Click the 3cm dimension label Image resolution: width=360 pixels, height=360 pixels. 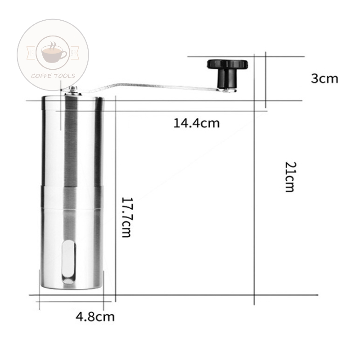[x=324, y=79]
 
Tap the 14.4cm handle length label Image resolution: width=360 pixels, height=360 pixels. [x=197, y=123]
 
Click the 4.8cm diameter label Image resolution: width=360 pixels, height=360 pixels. [x=95, y=316]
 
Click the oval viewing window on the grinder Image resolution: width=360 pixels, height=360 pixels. [x=68, y=262]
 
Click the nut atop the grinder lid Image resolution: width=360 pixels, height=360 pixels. [x=72, y=90]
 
